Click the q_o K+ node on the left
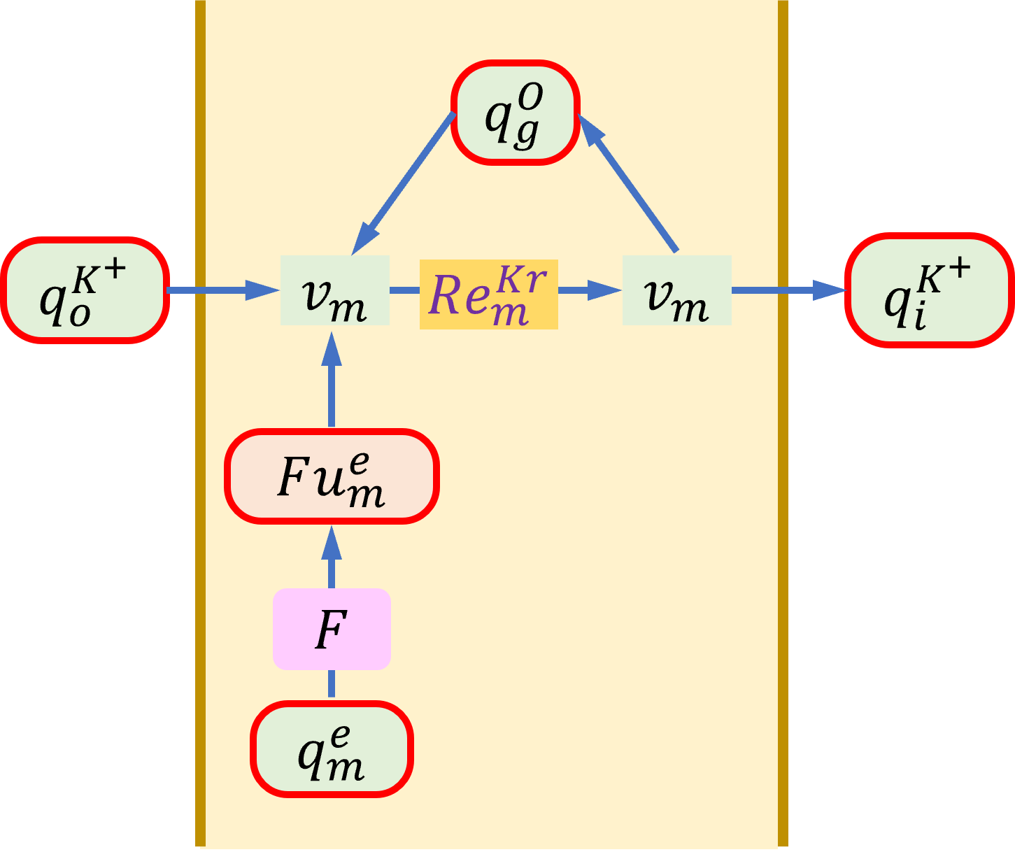[x=85, y=290]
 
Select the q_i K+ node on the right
[x=930, y=290]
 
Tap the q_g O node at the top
[x=516, y=113]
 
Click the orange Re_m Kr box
[x=488, y=294]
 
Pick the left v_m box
[x=335, y=290]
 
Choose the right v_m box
[x=677, y=290]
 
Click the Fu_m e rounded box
[x=332, y=476]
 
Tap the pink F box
[x=332, y=629]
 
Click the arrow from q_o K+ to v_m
[x=224, y=290]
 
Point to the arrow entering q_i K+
[x=789, y=290]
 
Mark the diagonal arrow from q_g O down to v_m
[x=403, y=184]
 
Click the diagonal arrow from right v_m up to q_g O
[x=627, y=183]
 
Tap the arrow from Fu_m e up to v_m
[x=332, y=379]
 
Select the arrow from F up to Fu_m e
[x=332, y=557]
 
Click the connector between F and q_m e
[x=332, y=684]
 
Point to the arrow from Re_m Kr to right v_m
[x=590, y=290]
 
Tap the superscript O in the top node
[x=530, y=97]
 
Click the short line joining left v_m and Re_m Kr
[x=404, y=290]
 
